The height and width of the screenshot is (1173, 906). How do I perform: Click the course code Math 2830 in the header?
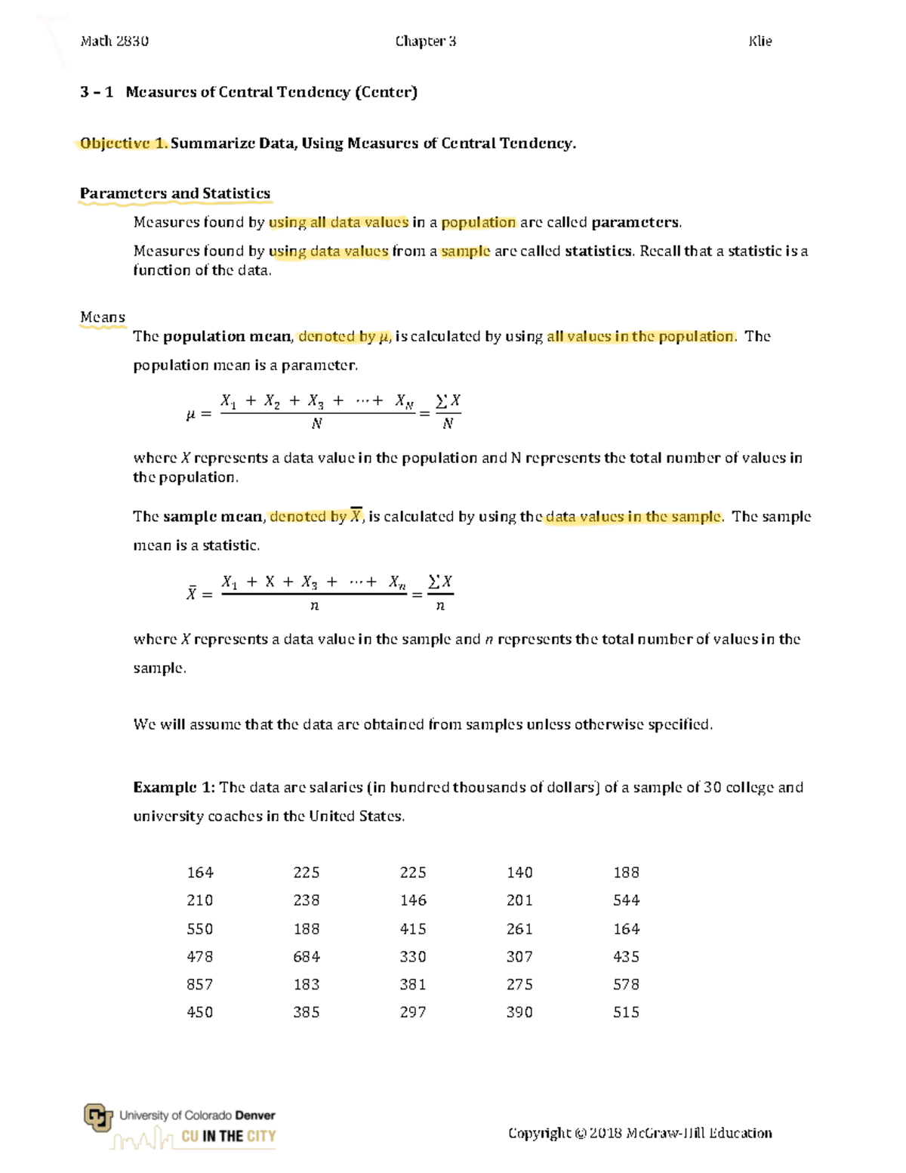[x=114, y=42]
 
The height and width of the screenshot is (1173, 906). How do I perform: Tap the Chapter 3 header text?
[x=425, y=42]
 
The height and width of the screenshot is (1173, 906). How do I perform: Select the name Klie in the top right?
[x=760, y=42]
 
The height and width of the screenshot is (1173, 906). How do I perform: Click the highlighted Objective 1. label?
[x=124, y=144]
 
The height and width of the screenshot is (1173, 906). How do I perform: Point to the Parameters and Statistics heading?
[x=175, y=193]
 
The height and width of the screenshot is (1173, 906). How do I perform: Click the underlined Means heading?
[x=103, y=317]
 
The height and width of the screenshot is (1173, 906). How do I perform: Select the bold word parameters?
[x=636, y=222]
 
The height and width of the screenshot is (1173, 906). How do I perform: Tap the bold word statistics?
[x=598, y=251]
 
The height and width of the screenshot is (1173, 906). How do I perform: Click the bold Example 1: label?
[x=174, y=787]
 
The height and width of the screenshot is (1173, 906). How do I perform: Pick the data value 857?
[x=200, y=984]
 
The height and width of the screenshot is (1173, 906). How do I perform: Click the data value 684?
[x=307, y=956]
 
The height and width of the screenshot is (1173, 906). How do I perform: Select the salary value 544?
[x=626, y=900]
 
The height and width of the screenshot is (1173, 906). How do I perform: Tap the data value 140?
[x=519, y=872]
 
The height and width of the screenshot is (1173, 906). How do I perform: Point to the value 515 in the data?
[x=626, y=1012]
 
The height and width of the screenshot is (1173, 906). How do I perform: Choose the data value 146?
[x=413, y=900]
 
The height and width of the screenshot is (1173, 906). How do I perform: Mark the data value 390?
[x=519, y=1012]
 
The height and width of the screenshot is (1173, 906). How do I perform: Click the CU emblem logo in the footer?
[x=98, y=1118]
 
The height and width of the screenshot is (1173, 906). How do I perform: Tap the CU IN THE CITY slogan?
[x=228, y=1136]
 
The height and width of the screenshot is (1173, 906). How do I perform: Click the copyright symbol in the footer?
[x=580, y=1133]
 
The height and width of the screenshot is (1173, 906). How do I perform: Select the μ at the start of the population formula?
[x=190, y=414]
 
